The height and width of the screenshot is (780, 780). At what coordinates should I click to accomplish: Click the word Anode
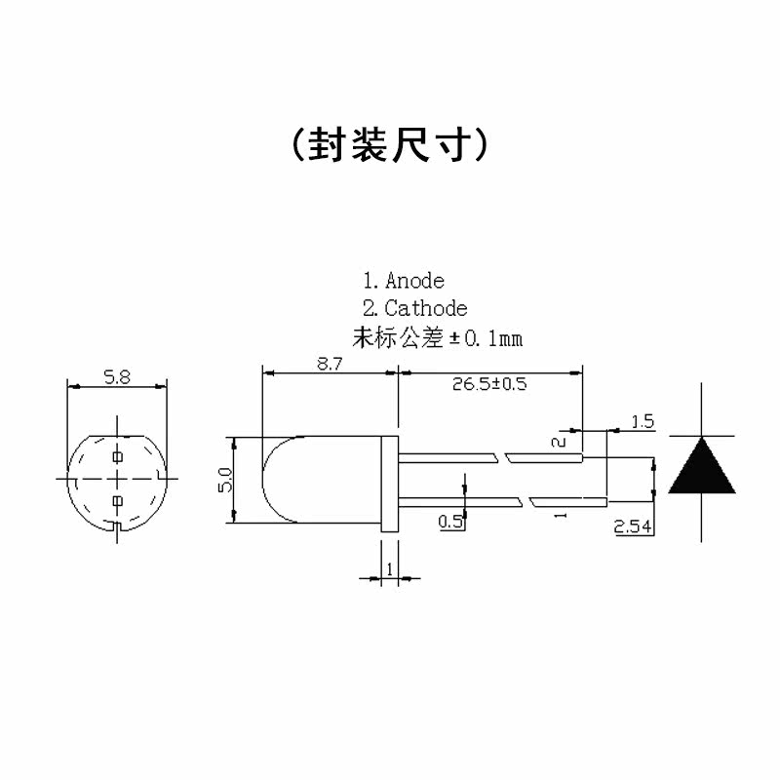(x=414, y=282)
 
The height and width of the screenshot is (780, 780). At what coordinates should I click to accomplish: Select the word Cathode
(x=426, y=309)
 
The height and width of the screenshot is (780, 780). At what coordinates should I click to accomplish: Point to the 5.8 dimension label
(x=117, y=377)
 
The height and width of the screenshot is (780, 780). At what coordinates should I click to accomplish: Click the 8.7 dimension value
(x=330, y=364)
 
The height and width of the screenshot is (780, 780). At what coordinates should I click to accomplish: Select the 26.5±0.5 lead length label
(x=489, y=384)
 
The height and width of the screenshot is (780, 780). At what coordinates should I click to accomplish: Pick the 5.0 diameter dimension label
(x=224, y=481)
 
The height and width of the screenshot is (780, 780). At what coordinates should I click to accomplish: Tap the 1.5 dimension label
(x=643, y=422)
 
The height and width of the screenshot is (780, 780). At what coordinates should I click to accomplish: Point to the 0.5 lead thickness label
(x=450, y=522)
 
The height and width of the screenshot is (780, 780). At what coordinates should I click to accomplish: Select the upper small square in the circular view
(x=117, y=456)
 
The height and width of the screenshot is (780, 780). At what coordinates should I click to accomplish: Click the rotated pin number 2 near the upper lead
(x=559, y=442)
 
